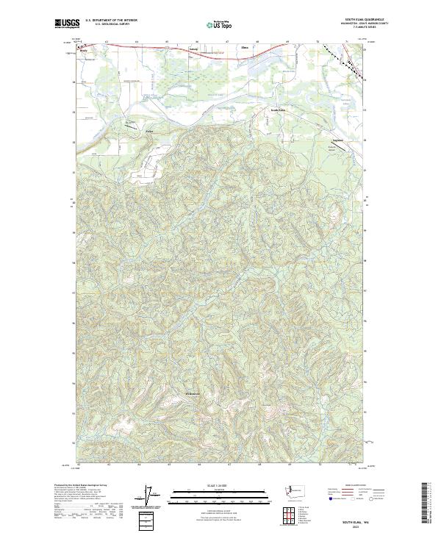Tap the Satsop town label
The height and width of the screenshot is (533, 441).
tap(173, 50)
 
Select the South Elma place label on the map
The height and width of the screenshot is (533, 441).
tap(278, 110)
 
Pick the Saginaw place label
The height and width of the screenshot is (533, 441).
tap(338, 138)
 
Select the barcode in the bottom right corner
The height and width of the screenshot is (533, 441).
tap(428, 502)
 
